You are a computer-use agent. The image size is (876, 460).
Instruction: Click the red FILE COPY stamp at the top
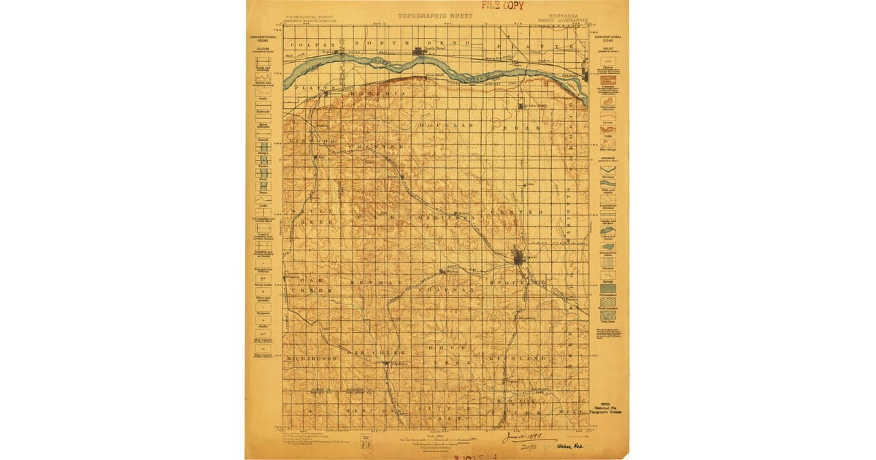502,6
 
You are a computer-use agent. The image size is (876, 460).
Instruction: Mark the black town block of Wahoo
518,256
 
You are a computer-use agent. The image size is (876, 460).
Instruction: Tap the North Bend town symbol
419,51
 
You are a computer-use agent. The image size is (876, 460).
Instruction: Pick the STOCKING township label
522,280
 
